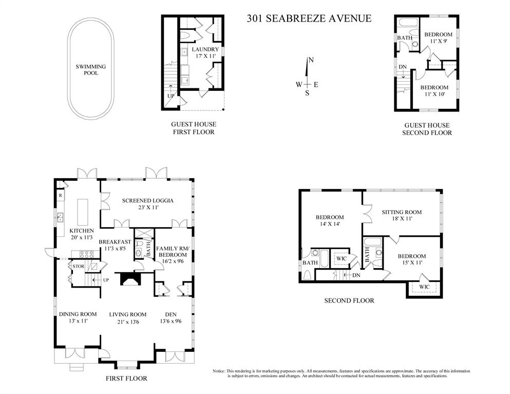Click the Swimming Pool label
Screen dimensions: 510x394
(91, 70)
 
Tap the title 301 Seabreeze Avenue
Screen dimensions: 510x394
(309, 18)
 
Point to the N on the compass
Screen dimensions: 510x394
(311, 60)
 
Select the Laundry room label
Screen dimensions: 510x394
(205, 52)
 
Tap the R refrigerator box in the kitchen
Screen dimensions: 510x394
(61, 196)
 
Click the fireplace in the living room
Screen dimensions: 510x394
(129, 279)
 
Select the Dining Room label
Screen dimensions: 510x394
(78, 317)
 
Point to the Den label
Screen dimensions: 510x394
(171, 317)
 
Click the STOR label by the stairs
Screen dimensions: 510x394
(79, 267)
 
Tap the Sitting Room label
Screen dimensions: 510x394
(402, 215)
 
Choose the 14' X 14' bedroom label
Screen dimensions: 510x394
(330, 220)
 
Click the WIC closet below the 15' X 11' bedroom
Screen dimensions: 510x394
(424, 287)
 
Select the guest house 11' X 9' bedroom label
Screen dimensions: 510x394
(438, 37)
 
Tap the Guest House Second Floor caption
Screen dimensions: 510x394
(427, 129)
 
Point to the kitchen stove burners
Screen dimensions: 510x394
(85, 254)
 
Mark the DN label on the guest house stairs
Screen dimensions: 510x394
(403, 67)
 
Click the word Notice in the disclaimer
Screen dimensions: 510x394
(219, 371)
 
